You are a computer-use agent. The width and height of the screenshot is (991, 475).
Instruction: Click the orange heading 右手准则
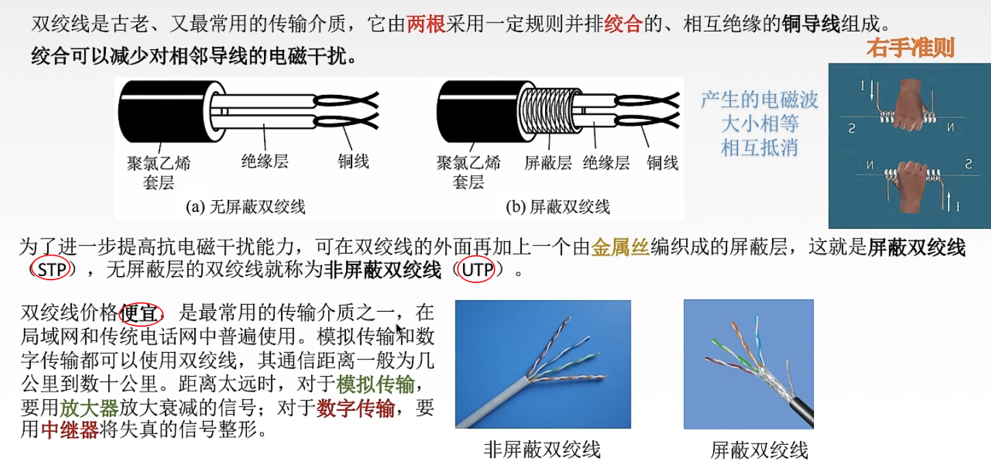[x=910, y=48]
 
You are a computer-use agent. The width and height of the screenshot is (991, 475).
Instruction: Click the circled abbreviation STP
[x=51, y=270]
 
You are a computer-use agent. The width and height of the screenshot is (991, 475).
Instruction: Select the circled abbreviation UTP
[x=477, y=270]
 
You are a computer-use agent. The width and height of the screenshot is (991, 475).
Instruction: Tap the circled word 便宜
[x=141, y=314]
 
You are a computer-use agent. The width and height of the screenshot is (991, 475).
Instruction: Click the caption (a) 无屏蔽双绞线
[x=246, y=206]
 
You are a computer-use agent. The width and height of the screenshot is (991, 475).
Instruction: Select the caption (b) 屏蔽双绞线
[x=557, y=206]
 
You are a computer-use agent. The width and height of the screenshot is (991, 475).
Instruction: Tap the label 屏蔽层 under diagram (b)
[x=547, y=163]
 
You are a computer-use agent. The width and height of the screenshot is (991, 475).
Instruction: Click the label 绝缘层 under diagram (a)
[x=265, y=161]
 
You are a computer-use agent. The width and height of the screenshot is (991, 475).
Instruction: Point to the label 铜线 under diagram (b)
[x=663, y=163]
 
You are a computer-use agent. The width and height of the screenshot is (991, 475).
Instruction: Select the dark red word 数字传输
[x=356, y=409]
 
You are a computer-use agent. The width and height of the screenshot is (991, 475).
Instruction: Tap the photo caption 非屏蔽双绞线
[x=542, y=449]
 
